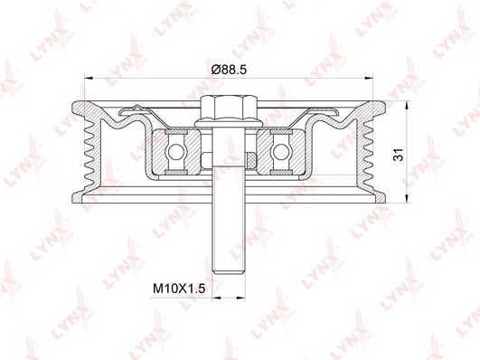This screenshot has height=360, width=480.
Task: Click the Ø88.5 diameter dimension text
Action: click(229, 70)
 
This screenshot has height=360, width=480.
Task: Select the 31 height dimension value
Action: click(399, 155)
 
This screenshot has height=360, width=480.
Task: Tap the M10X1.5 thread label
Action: click(179, 289)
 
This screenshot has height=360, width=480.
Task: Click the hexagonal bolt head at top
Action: click(229, 109)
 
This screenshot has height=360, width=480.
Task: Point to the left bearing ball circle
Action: click(175, 152)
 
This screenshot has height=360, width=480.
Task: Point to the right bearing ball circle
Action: click(281, 152)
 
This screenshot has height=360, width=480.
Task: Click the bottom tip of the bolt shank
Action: click(229, 273)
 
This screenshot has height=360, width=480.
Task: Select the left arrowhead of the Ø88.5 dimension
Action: click(89, 78)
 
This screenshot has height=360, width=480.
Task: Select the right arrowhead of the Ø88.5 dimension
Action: click(369, 78)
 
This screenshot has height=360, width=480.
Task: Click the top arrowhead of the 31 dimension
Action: click(407, 106)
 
